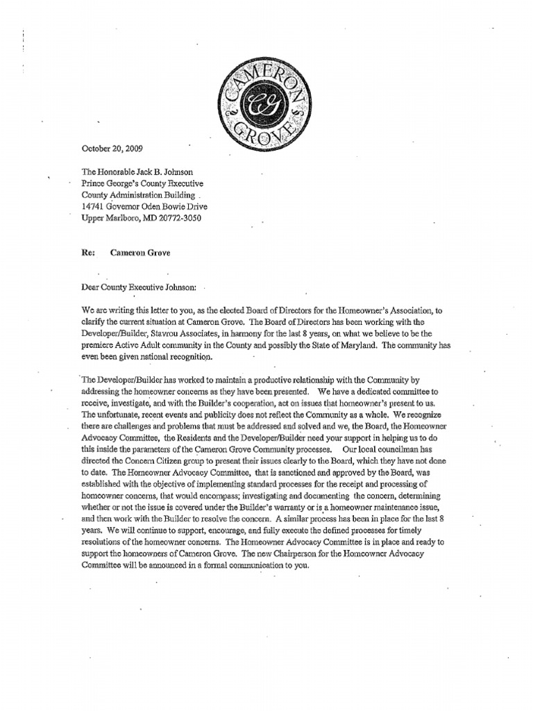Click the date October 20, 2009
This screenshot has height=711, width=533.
(115, 148)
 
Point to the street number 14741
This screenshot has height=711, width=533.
(97, 206)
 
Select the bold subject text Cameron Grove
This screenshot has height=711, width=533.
(140, 253)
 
